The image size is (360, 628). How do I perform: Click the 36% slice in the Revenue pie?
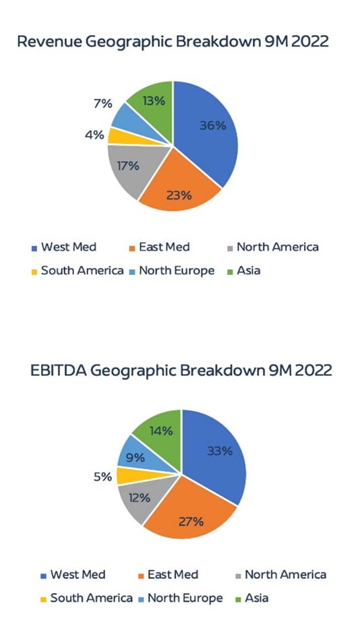[x=209, y=128]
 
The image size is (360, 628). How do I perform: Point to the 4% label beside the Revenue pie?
[x=94, y=134]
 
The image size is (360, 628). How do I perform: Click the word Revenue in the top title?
[x=45, y=41]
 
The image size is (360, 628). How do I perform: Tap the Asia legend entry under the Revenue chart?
[x=247, y=271]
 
